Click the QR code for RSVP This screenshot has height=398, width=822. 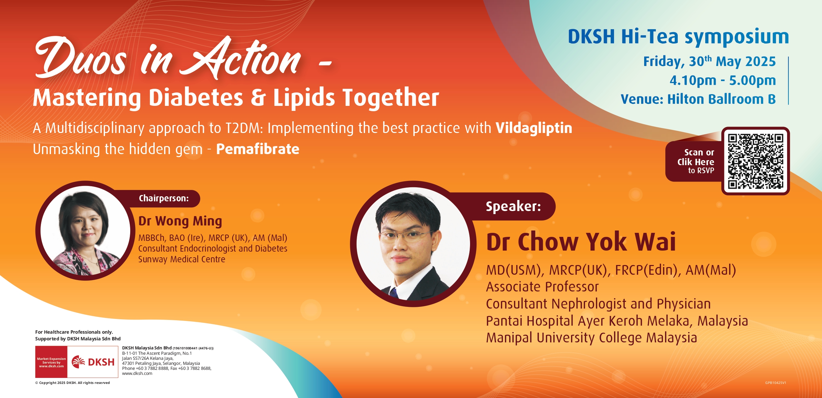(755, 161)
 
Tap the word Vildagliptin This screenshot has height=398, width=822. (534, 128)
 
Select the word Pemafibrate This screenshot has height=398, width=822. (258, 149)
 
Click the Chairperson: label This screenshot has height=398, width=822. (164, 198)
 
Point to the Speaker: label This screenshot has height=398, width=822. (513, 206)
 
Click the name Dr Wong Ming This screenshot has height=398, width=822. (180, 221)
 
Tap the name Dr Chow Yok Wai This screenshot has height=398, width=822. (581, 242)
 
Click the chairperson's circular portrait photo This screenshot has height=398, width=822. (85, 230)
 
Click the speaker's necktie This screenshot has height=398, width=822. (394, 293)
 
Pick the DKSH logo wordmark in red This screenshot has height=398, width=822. (101, 362)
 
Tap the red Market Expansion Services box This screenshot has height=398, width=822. (51, 362)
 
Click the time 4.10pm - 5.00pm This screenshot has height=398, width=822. (723, 80)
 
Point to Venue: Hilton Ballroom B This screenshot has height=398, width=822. (698, 99)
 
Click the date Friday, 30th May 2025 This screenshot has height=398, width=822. (709, 61)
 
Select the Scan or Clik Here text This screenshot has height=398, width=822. (696, 157)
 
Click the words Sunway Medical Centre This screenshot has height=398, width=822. (182, 259)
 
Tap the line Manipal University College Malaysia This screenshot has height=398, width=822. (592, 338)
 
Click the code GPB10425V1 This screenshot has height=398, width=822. (776, 383)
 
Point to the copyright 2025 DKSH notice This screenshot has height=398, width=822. (72, 383)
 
